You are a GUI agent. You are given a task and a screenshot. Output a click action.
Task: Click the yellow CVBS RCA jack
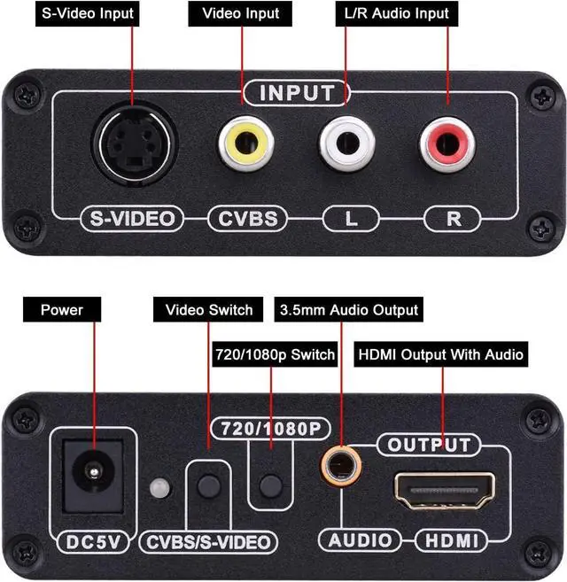pyautogui.click(x=245, y=144)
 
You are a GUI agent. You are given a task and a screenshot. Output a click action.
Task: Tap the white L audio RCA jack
pyautogui.click(x=346, y=144)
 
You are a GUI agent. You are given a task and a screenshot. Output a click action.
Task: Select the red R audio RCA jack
pyautogui.click(x=447, y=144)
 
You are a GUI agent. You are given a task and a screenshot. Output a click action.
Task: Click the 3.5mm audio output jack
pyautogui.click(x=338, y=465)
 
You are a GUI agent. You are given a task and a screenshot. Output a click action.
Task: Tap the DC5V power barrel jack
pyautogui.click(x=92, y=477)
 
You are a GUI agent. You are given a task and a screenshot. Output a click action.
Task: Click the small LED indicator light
pyautogui.click(x=159, y=488)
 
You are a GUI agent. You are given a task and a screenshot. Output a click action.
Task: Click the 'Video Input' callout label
pyautogui.click(x=240, y=13)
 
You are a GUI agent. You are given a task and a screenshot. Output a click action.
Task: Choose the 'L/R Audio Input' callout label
pyautogui.click(x=396, y=13)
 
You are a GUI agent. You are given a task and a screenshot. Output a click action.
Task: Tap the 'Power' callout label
pyautogui.click(x=62, y=310)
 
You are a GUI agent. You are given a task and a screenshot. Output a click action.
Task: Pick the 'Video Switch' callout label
pyautogui.click(x=209, y=310)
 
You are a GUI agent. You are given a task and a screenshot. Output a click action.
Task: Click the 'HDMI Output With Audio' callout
pyautogui.click(x=440, y=354)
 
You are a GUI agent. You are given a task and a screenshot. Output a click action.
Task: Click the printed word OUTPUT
pyautogui.click(x=429, y=444)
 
